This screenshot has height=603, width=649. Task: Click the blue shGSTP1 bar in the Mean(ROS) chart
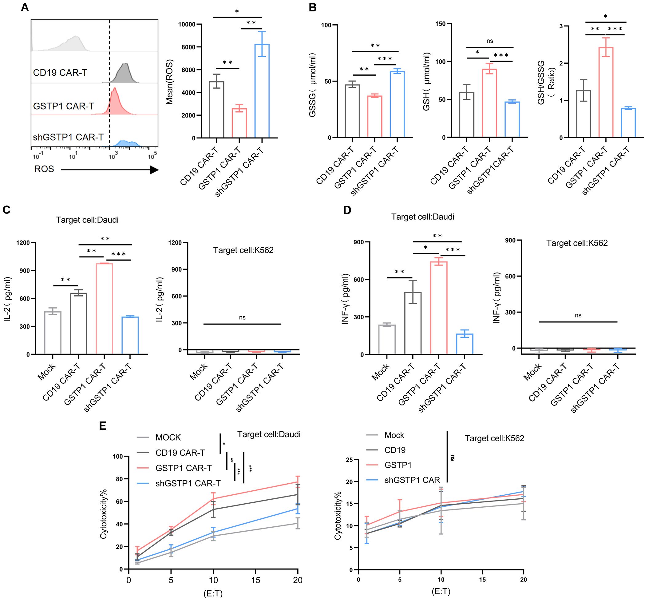click(x=262, y=91)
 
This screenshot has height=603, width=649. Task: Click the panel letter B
click(x=312, y=7)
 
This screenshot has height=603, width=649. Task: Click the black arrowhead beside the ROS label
click(x=154, y=170)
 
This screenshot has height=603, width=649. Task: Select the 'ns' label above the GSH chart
click(x=489, y=41)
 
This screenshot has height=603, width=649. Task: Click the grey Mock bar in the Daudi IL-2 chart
click(x=53, y=333)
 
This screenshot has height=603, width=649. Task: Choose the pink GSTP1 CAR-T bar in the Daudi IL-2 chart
click(x=104, y=308)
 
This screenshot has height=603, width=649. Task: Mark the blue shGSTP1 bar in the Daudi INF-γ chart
click(x=465, y=344)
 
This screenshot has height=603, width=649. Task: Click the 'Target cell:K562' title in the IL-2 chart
click(x=243, y=250)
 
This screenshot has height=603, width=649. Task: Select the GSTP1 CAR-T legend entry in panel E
click(x=184, y=468)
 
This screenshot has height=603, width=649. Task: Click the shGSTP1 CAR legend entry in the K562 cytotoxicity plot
click(x=412, y=480)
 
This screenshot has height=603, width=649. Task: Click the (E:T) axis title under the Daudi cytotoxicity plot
click(x=213, y=593)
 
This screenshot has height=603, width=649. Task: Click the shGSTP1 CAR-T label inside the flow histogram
click(x=68, y=137)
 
